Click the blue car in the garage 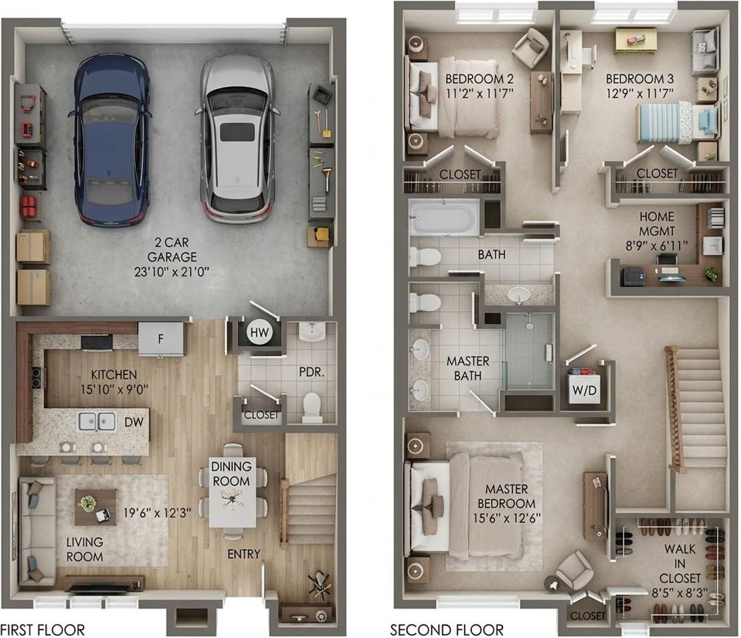pyautogui.click(x=112, y=140)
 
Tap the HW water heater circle pyautogui.click(x=259, y=333)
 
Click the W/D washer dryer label pyautogui.click(x=584, y=390)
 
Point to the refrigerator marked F pyautogui.click(x=161, y=339)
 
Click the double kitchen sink pyautogui.click(x=97, y=421)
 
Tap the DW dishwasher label pyautogui.click(x=134, y=422)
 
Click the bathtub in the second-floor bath pyautogui.click(x=443, y=217)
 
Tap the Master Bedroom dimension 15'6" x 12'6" pyautogui.click(x=506, y=518)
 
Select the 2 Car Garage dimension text pyautogui.click(x=171, y=272)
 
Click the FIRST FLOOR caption pyautogui.click(x=43, y=630)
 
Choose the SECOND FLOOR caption pyautogui.click(x=447, y=630)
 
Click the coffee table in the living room pyautogui.click(x=96, y=507)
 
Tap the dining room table pyautogui.click(x=233, y=492)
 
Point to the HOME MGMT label pyautogui.click(x=657, y=223)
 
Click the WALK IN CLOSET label pyautogui.click(x=680, y=564)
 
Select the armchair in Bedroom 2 pyautogui.click(x=531, y=45)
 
